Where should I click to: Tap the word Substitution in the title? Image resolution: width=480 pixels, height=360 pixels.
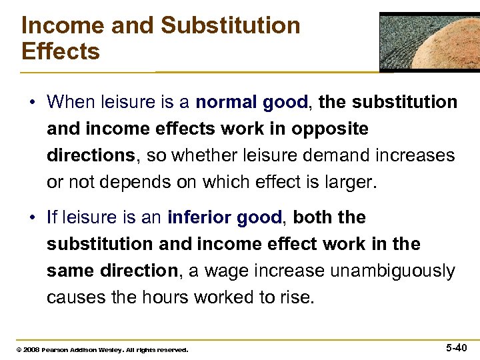pos(231,26)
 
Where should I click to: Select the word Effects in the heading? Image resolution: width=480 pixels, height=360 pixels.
pos(61,51)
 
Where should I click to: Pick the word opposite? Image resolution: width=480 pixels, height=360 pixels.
pos(332,128)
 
